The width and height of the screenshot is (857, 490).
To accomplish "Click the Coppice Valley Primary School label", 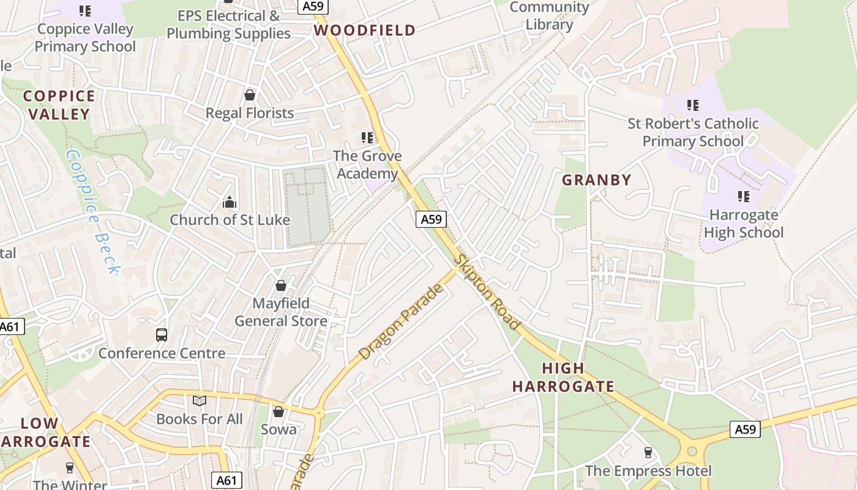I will click(85, 37).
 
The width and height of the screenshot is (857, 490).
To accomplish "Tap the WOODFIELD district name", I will click(365, 30).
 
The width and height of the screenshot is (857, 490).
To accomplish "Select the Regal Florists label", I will click(250, 113).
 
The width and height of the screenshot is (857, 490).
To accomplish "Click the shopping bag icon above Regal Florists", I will click(250, 95).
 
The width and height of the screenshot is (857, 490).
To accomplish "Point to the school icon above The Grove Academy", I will click(367, 138).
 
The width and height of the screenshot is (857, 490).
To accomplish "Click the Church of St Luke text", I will click(230, 220).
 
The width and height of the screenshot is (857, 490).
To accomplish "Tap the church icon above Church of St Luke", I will click(230, 202).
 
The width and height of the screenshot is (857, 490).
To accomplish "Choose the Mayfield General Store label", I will click(281, 312).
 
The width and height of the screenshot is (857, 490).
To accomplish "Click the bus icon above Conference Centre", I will click(162, 335).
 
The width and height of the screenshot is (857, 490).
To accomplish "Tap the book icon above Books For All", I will click(200, 401).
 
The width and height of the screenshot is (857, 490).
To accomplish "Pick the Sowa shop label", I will click(279, 429).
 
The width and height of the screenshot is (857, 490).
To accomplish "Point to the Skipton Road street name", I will click(488, 293).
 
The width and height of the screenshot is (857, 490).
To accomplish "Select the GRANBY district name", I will click(596, 180).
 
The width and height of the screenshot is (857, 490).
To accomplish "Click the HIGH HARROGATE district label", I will click(563, 377).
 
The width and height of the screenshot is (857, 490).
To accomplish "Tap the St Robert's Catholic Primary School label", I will click(693, 132).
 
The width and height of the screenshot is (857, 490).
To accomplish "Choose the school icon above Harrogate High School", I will click(744, 197).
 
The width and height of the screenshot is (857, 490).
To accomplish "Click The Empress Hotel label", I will click(648, 470).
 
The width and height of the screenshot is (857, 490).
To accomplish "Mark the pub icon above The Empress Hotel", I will click(648, 453).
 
